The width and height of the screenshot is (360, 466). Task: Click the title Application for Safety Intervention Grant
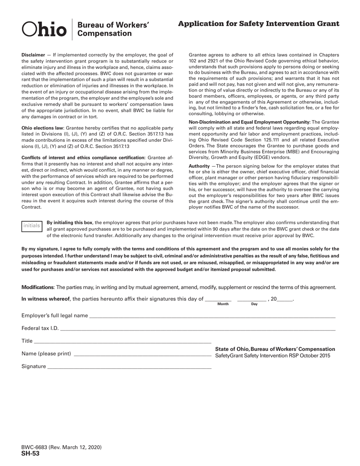258,24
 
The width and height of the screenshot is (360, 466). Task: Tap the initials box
31,226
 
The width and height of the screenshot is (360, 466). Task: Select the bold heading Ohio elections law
42,128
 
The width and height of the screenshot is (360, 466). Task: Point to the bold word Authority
199,166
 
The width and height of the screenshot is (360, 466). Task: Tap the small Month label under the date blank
223,304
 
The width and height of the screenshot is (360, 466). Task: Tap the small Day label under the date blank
254,304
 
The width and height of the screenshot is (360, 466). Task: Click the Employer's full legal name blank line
212,316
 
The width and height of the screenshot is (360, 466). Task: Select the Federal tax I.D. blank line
197,329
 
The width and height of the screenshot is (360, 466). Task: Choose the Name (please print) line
142,355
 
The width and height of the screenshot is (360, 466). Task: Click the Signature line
129,367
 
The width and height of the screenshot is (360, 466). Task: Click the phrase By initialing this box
69,223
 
